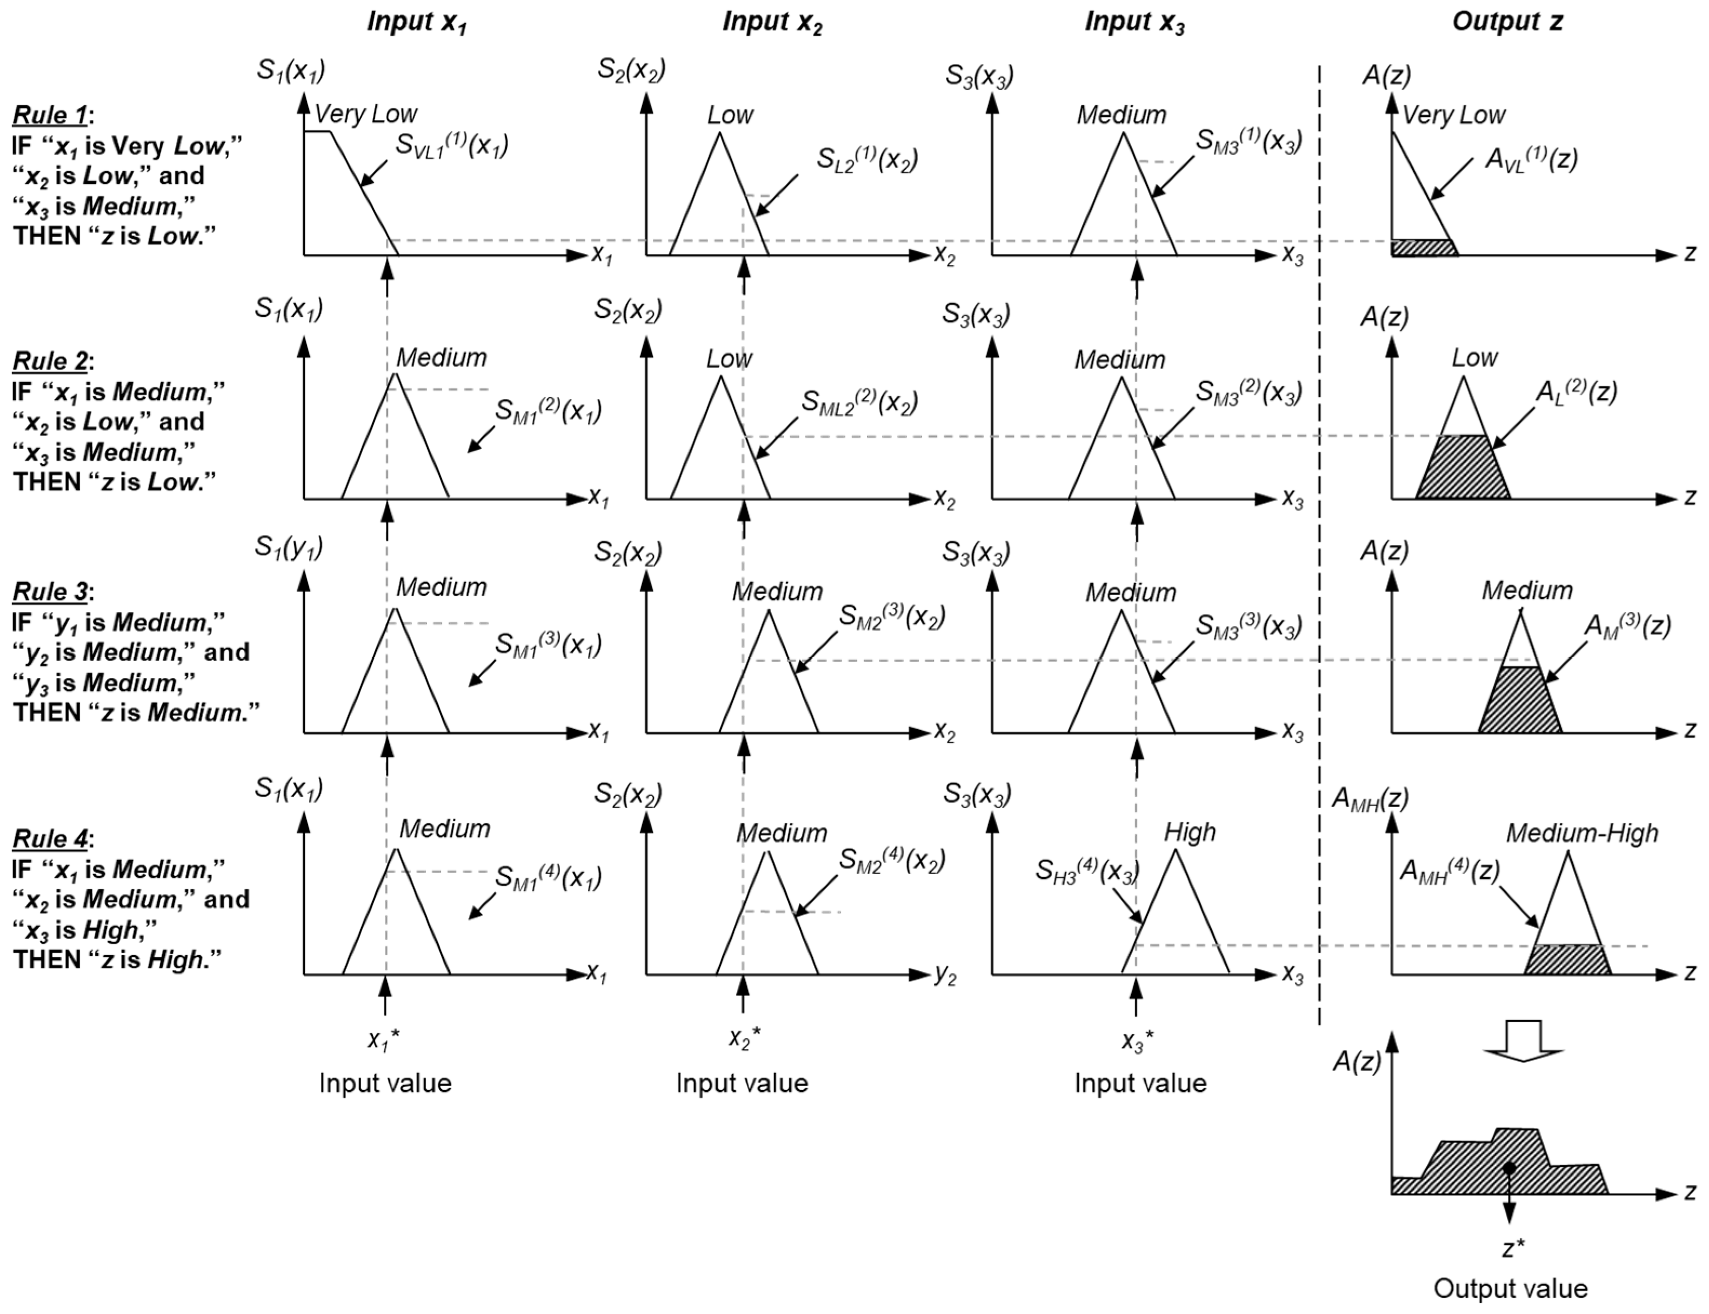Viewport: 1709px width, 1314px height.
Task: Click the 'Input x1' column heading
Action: (x=416, y=22)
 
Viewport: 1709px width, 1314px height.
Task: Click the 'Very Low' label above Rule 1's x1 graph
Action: (x=365, y=114)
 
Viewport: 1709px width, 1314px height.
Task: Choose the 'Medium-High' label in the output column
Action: (x=1581, y=833)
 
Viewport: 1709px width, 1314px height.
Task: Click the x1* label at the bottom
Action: (x=383, y=1039)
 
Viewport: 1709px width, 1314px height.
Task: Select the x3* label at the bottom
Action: (x=1137, y=1040)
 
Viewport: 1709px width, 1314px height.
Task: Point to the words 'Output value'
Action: (x=1510, y=1288)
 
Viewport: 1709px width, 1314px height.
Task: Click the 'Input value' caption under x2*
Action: (x=742, y=1083)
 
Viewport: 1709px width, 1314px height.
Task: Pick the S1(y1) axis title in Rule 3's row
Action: (x=289, y=546)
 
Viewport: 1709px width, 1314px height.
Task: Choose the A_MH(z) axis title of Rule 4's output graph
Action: (x=1370, y=798)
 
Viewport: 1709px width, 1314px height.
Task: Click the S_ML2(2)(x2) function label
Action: (x=859, y=402)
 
